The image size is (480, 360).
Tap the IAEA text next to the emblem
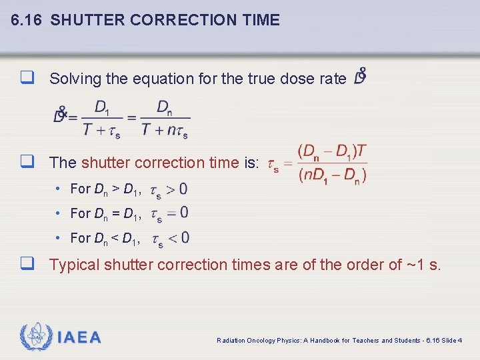coord(79,337)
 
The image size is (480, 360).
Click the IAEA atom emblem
coord(36,337)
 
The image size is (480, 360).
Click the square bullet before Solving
coord(27,79)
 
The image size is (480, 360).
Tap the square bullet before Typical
coord(27,265)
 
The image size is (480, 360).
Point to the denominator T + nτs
coord(164,130)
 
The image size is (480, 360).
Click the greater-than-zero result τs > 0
coord(169,190)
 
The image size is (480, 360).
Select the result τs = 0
coord(169,214)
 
